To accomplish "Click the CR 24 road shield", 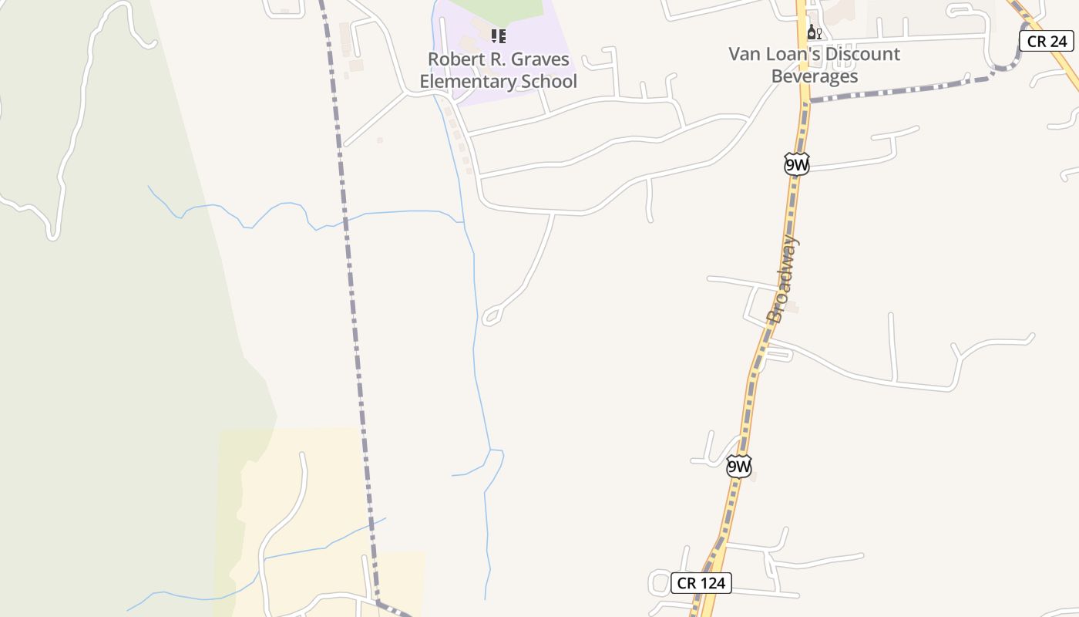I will (1046, 41).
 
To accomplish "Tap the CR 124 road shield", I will (701, 582).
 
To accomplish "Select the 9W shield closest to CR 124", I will (738, 466).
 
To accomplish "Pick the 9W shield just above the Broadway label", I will (797, 164).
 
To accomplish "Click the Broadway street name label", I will (784, 279).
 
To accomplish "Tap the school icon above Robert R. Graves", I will (499, 35).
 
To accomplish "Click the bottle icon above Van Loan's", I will (813, 32).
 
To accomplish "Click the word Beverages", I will (814, 76).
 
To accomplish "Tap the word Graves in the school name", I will (543, 59).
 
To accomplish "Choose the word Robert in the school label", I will (456, 59).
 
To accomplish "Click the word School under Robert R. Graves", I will (548, 81).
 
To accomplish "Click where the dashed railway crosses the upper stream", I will (345, 221).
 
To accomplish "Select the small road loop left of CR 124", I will (659, 582).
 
